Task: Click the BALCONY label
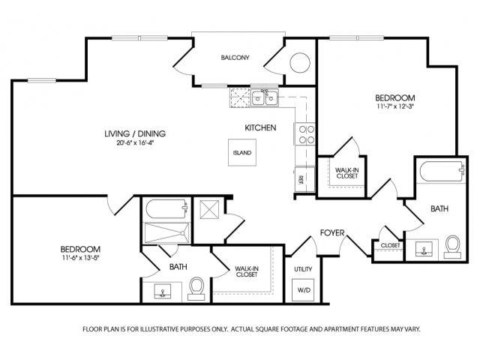coord(235,58)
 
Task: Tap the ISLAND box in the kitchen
coord(241,152)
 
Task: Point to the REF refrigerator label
coord(300,179)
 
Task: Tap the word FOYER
coord(332,232)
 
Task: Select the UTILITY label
coord(303,268)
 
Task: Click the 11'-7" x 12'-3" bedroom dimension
coord(396,106)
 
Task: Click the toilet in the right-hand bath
coord(452,246)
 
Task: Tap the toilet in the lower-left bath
coord(197,286)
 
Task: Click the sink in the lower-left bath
coord(163,291)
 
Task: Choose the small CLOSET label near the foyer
coord(390,245)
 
